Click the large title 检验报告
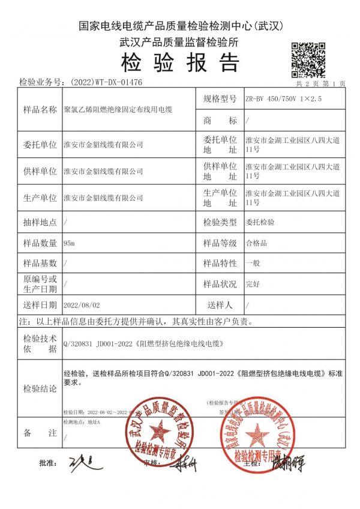click(x=180, y=62)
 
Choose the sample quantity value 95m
click(x=69, y=243)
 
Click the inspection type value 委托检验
click(x=260, y=222)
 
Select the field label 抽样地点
click(x=40, y=222)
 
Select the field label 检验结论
click(x=40, y=388)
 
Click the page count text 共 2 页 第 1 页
click(x=322, y=84)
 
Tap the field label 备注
click(x=40, y=433)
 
